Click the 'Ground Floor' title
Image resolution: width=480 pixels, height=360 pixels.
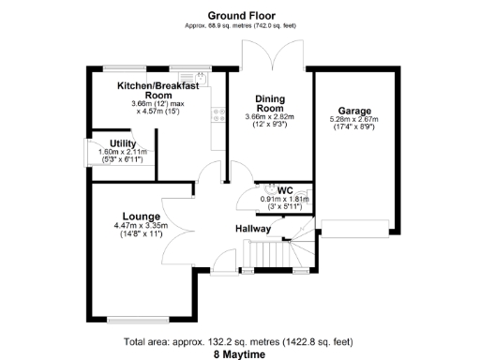click(x=240, y=16)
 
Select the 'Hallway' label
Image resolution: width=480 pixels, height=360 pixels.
click(x=253, y=228)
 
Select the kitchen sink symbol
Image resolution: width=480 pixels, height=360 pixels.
click(x=199, y=77)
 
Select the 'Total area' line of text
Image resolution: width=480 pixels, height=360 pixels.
click(x=240, y=340)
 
